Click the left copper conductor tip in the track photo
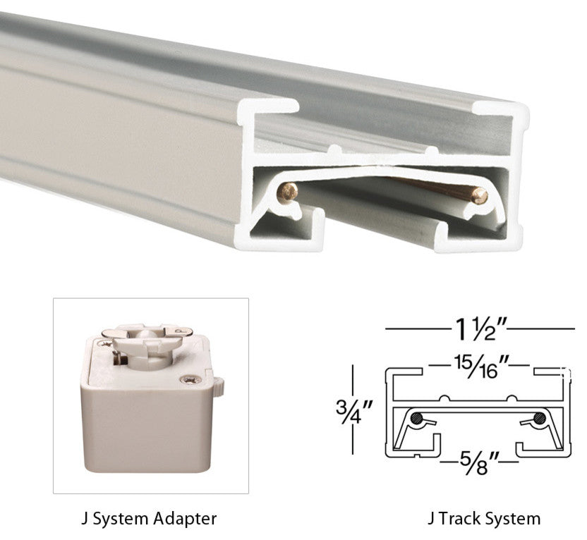tap(288, 192)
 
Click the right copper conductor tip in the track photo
tap(480, 196)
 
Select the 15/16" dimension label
tap(479, 367)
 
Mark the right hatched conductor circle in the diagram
tap(540, 418)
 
